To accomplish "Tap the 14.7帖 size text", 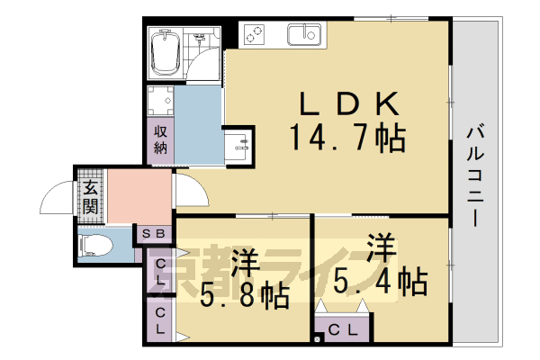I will point(346,139).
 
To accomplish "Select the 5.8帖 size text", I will point(246,294).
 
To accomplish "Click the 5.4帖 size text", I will point(383,282).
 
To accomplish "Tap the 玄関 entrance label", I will point(91,197).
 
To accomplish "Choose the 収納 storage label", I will point(160,139).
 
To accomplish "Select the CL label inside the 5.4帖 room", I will point(341,330).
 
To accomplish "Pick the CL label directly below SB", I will point(158,271).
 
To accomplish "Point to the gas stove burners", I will point(255,35).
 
